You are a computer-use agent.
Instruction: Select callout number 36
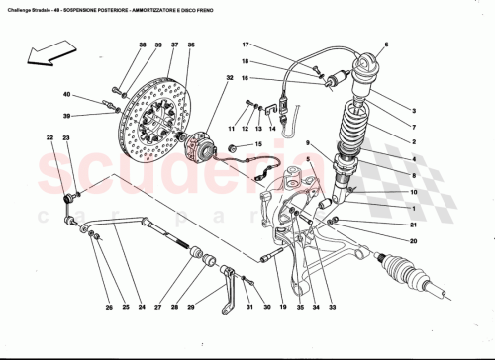tap(191, 46)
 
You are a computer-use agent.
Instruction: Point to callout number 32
tap(230, 78)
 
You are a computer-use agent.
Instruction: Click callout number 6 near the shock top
tap(387, 45)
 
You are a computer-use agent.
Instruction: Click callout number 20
tap(414, 240)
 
